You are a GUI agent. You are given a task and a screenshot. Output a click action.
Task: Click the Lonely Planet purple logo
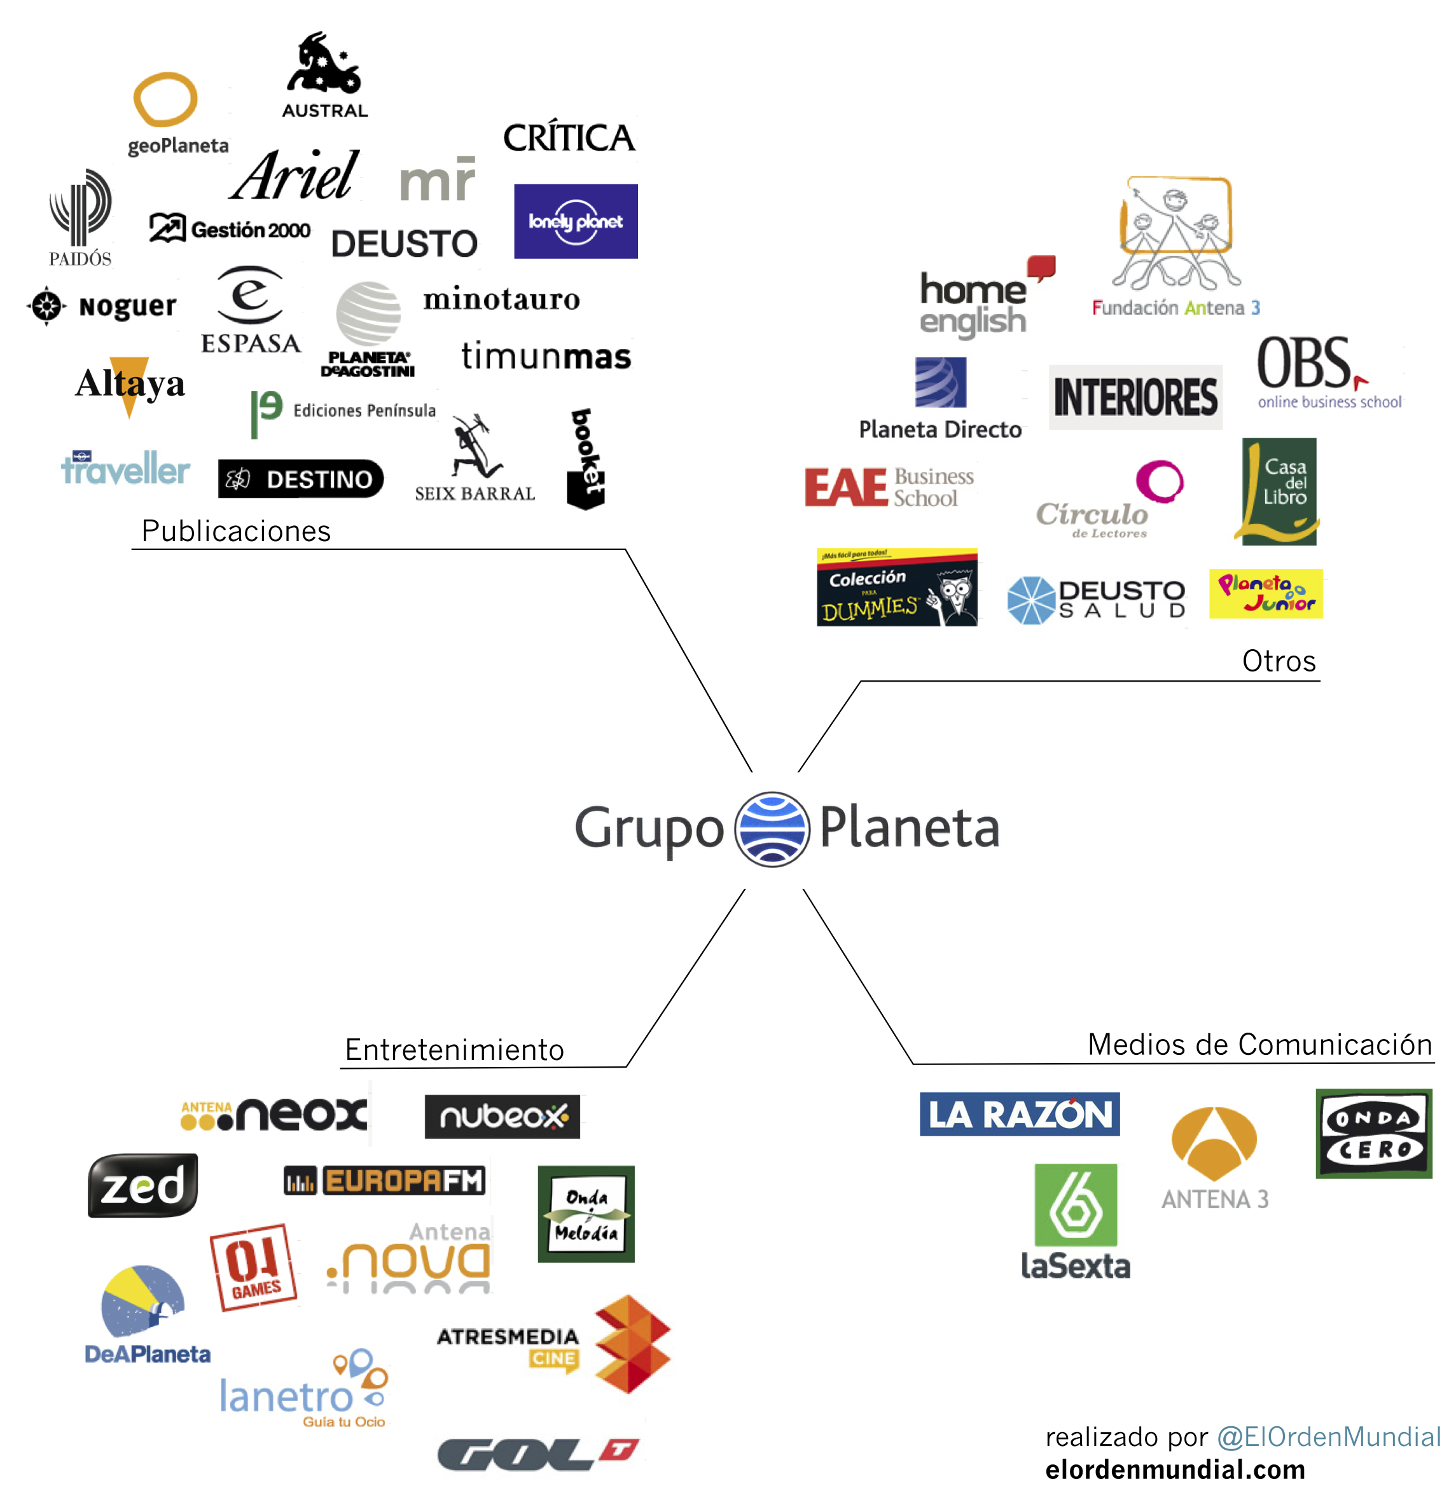[575, 221]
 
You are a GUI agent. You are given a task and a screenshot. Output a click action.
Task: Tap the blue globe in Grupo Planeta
[772, 829]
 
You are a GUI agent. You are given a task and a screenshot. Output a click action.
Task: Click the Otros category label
[1279, 661]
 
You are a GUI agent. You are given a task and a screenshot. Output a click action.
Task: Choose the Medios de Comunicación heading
[1259, 1044]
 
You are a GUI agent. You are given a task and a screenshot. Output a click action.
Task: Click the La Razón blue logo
[1019, 1114]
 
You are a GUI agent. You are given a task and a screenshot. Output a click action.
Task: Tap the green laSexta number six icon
[1075, 1205]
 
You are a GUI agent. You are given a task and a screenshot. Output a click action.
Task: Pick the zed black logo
[143, 1186]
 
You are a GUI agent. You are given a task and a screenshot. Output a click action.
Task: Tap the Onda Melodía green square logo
[586, 1214]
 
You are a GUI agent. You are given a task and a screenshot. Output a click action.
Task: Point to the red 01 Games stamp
[253, 1267]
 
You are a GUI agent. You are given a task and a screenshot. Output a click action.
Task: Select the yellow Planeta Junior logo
[1265, 593]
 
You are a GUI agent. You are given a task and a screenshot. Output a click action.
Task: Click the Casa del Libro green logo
[1279, 492]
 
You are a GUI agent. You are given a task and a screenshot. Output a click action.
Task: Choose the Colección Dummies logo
[896, 588]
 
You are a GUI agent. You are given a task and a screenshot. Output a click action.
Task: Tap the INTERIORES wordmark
[1135, 397]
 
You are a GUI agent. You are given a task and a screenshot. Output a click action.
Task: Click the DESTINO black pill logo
[301, 479]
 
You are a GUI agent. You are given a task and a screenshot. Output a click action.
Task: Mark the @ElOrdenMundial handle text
[1328, 1436]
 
